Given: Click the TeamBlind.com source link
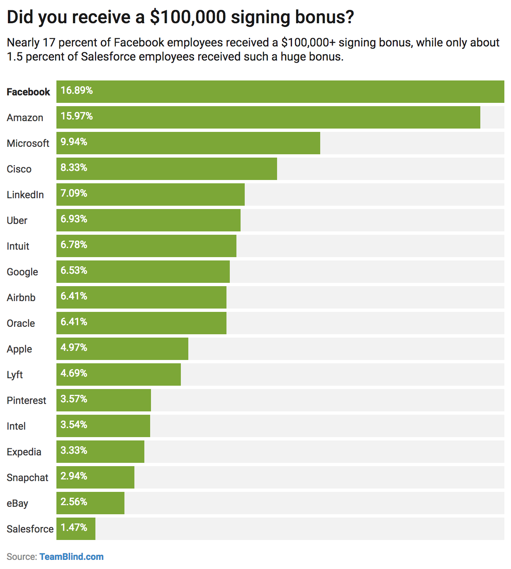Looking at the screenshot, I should click(x=71, y=557).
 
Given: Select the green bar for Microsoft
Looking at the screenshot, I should click(x=188, y=143).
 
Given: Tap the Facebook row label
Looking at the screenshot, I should click(x=28, y=92).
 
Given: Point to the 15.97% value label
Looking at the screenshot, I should click(x=77, y=116).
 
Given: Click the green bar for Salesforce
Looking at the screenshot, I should click(x=76, y=529).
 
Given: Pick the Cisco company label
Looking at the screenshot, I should click(x=19, y=169).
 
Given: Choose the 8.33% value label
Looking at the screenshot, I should click(x=74, y=168).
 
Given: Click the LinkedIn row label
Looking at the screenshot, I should click(x=25, y=195).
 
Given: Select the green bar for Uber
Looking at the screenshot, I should click(x=148, y=220).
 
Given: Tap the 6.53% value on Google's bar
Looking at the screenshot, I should click(x=74, y=270).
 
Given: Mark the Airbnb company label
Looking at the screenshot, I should click(x=21, y=298).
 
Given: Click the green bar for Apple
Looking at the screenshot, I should click(x=122, y=349).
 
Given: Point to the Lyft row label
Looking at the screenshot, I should click(x=15, y=375).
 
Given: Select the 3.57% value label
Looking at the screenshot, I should click(x=74, y=399).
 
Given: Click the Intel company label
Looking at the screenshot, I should click(x=16, y=426).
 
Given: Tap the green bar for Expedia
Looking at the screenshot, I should click(x=100, y=452).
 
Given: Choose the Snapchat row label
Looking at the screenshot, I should click(x=27, y=478).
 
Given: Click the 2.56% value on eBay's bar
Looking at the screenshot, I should click(x=74, y=502).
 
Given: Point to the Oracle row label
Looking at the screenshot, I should click(x=21, y=323).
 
